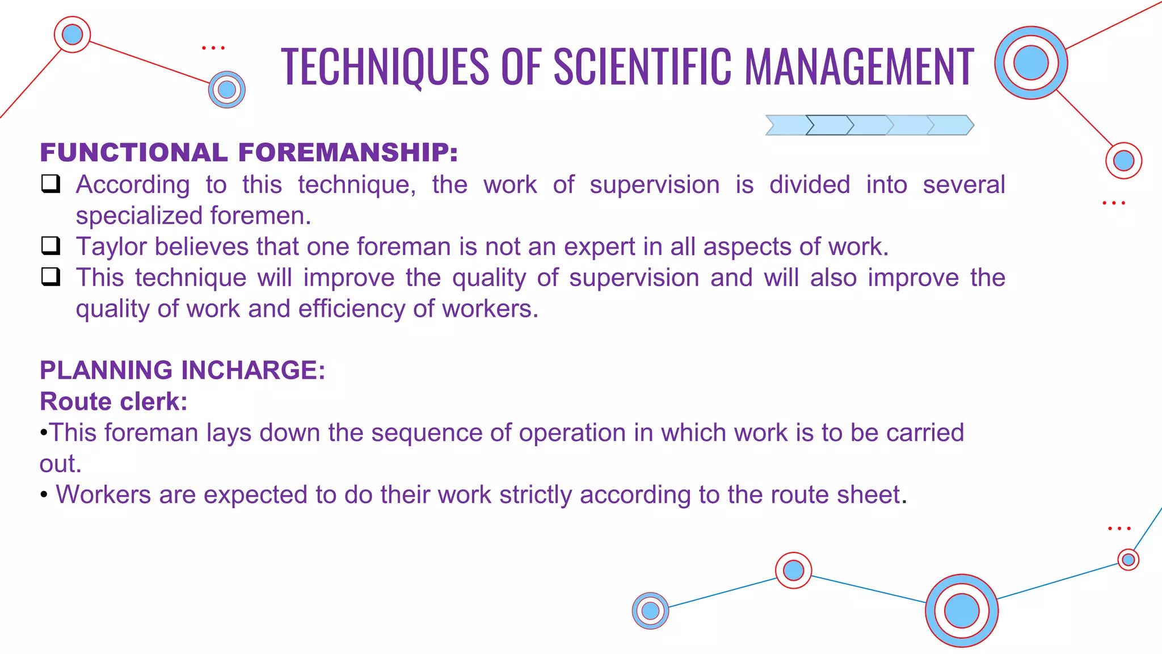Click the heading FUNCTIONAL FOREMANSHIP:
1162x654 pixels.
coord(249,152)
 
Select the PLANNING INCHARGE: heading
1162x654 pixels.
coord(182,370)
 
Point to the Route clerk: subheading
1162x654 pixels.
coord(113,401)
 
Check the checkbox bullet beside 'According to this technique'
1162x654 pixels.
coord(50,184)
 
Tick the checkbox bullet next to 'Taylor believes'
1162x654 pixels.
coord(50,246)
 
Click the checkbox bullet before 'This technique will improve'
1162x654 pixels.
coord(50,277)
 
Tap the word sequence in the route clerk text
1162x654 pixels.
coord(426,433)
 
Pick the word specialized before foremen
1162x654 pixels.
coord(139,216)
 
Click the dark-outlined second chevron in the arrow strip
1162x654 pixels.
coord(829,125)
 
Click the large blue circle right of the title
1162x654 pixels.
coord(1030,63)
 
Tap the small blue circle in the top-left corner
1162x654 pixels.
coord(72,35)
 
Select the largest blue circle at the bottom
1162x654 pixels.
coord(961,611)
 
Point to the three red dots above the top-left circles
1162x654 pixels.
coord(213,48)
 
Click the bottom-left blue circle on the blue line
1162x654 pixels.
coord(650,611)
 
